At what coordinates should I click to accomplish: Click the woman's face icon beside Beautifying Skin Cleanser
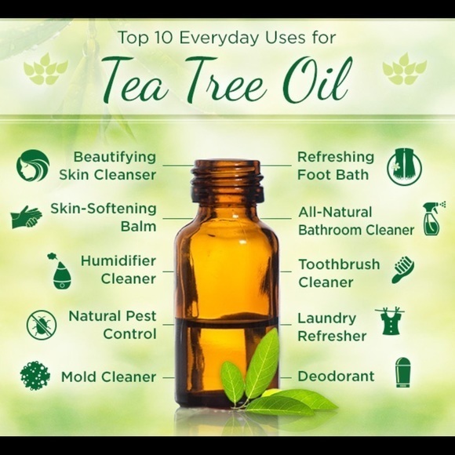tap(32, 166)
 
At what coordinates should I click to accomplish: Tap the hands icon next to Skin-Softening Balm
tap(27, 217)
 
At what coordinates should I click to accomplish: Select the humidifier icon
tap(61, 271)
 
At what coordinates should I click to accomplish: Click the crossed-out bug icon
tap(41, 325)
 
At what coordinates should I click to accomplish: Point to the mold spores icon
tap(35, 377)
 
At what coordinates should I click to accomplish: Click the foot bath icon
tap(404, 166)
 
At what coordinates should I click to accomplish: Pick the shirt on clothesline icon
tap(390, 321)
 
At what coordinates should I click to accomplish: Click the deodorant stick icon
tap(403, 373)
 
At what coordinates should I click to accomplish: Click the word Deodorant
tap(336, 377)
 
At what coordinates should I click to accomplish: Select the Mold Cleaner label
tap(108, 377)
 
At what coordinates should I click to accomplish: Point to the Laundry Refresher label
tap(332, 327)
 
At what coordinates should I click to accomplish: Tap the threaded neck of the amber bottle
tap(226, 182)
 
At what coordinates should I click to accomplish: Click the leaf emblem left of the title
tap(45, 70)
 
